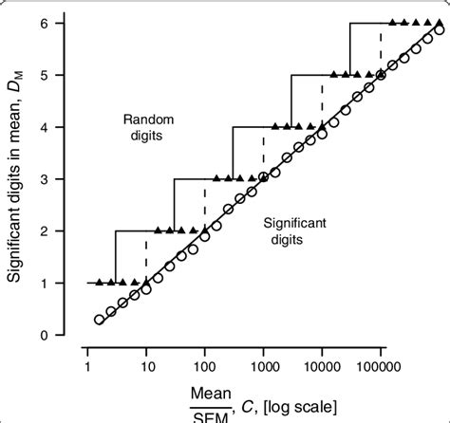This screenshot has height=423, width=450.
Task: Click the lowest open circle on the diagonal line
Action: (99, 320)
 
